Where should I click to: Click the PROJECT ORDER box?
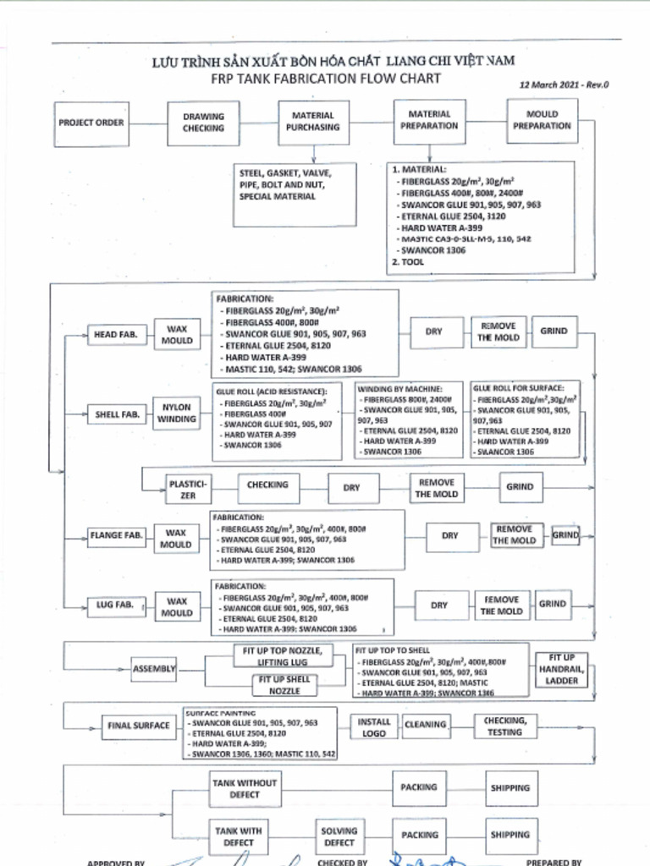[x=91, y=123]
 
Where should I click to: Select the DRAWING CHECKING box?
[x=204, y=123]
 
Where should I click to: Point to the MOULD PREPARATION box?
[x=542, y=120]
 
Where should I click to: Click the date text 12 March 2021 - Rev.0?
[x=564, y=85]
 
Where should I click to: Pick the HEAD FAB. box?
[x=116, y=335]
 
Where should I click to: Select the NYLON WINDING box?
[x=176, y=413]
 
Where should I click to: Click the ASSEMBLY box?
[x=154, y=669]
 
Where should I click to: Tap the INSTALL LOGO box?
[x=374, y=727]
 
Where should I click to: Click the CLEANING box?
[x=425, y=725]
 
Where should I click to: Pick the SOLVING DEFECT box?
[x=339, y=836]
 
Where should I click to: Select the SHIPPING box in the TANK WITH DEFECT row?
[x=510, y=835]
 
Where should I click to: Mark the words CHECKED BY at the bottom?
[x=342, y=863]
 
